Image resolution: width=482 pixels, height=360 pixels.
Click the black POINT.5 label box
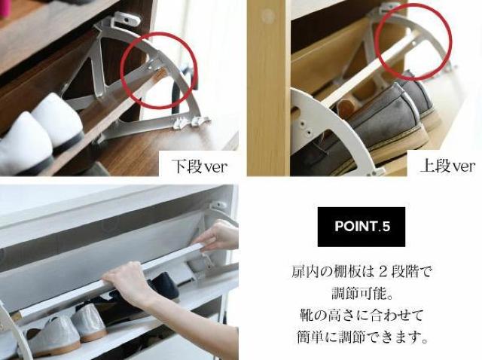(x=361, y=227)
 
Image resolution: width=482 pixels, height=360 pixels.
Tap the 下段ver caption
(x=200, y=166)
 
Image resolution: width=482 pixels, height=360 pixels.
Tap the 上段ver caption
(x=447, y=166)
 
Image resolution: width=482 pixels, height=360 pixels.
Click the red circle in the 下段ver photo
(x=159, y=70)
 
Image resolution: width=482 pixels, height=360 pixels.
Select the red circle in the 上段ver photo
(x=413, y=41)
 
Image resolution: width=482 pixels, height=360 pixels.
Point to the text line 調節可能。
(x=361, y=293)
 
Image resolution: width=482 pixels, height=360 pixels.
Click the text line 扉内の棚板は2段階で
(x=361, y=271)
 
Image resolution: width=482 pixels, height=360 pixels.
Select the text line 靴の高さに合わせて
(x=361, y=315)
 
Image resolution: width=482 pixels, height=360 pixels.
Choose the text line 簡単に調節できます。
(x=361, y=337)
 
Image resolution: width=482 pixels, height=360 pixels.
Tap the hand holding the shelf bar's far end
(x=217, y=235)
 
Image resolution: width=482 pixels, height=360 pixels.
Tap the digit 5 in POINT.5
(x=386, y=227)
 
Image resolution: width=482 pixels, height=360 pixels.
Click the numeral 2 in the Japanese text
(x=383, y=272)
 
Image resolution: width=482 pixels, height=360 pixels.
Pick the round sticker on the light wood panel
(x=267, y=14)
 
